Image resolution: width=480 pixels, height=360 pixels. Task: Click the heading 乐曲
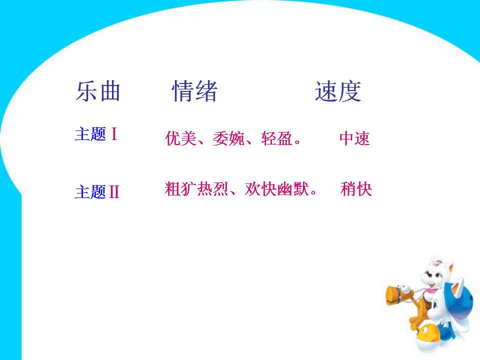(x=98, y=91)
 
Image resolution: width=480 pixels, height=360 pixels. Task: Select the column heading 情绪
(x=195, y=91)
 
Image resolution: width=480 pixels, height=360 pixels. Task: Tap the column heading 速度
(x=338, y=91)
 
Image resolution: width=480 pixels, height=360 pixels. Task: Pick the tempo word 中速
(x=354, y=138)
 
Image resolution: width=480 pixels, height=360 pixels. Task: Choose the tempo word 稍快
(x=356, y=189)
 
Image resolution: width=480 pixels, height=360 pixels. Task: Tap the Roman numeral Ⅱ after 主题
(x=114, y=192)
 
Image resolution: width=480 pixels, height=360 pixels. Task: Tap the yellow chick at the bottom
(x=428, y=332)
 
